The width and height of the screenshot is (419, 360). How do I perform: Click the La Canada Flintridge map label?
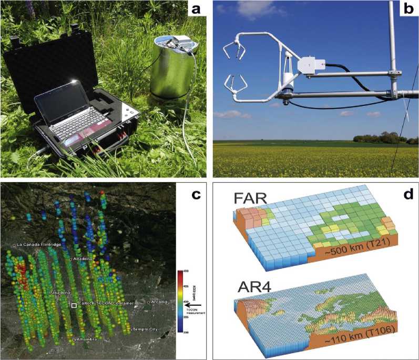[x=39, y=245]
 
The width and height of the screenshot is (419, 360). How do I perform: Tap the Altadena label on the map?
[x=83, y=259]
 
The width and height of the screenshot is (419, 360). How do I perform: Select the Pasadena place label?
[x=57, y=292]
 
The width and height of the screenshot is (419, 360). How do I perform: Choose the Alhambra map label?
[x=86, y=341]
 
